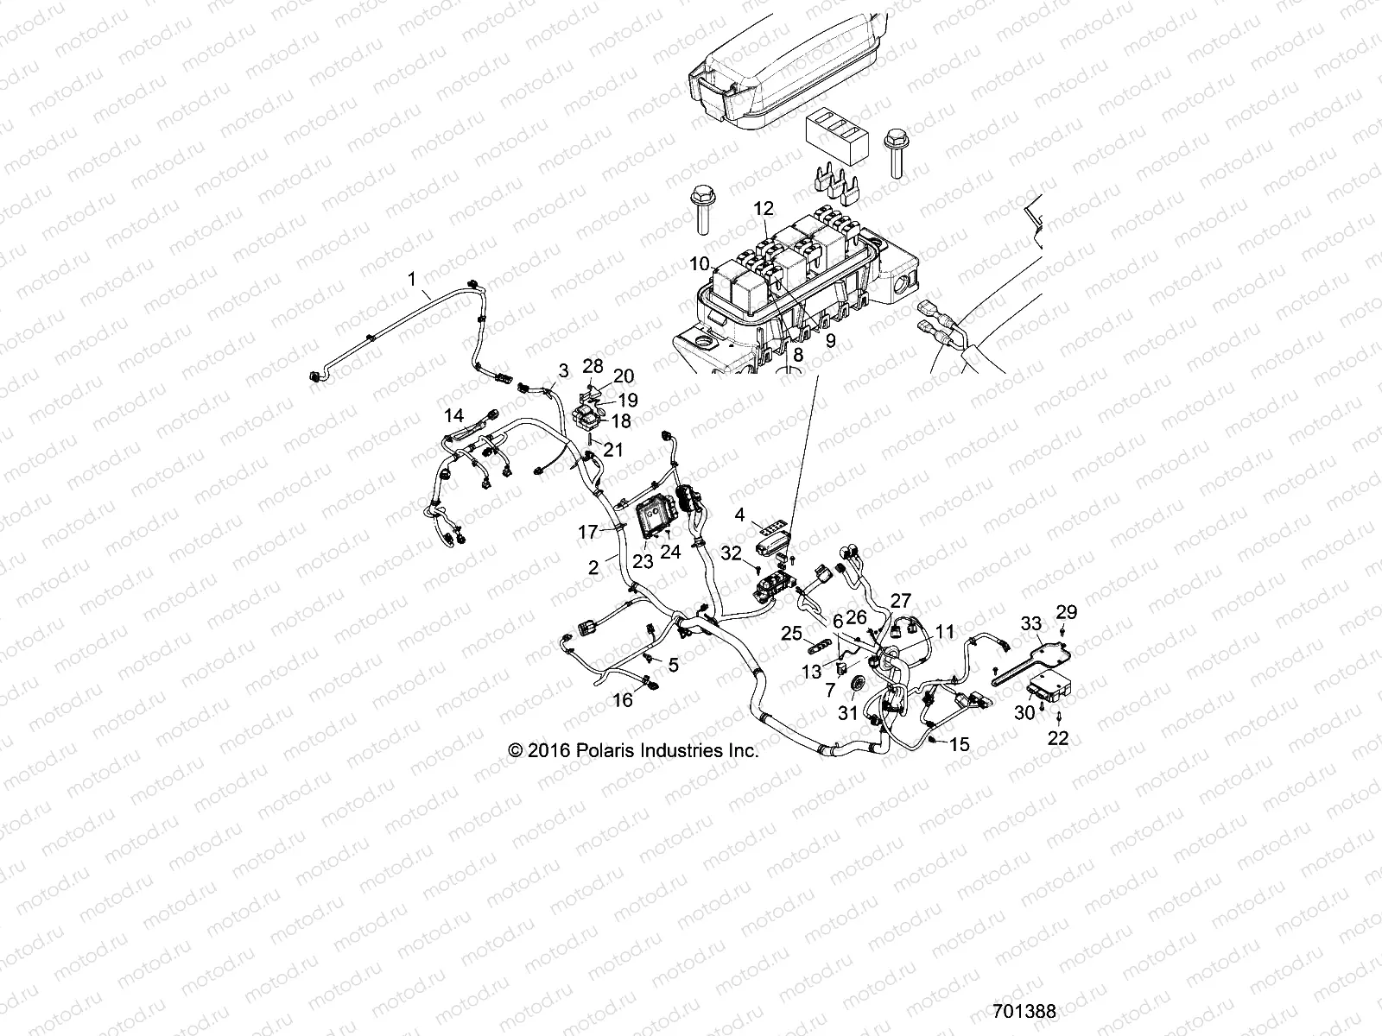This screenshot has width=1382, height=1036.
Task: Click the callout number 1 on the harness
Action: [x=412, y=279]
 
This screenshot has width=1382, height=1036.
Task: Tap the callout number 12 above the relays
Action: [x=764, y=208]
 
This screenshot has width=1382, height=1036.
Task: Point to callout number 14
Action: [x=453, y=415]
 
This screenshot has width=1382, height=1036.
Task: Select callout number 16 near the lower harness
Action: [x=623, y=700]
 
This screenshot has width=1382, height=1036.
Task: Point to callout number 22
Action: [x=1058, y=737]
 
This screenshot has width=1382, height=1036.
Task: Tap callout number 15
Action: [x=960, y=744]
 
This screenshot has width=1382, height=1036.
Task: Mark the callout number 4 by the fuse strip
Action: [x=739, y=516]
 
